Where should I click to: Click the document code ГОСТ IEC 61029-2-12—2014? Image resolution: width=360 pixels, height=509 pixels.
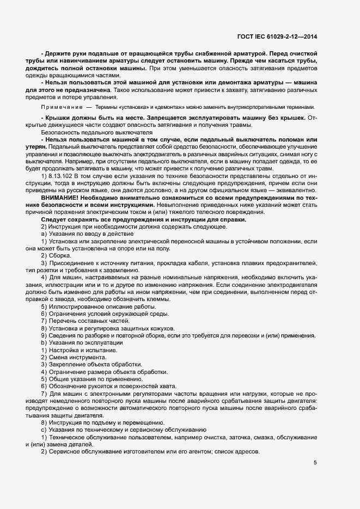coord(277,37)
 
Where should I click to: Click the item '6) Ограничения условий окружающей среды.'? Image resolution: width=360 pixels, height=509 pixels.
coord(101,314)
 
